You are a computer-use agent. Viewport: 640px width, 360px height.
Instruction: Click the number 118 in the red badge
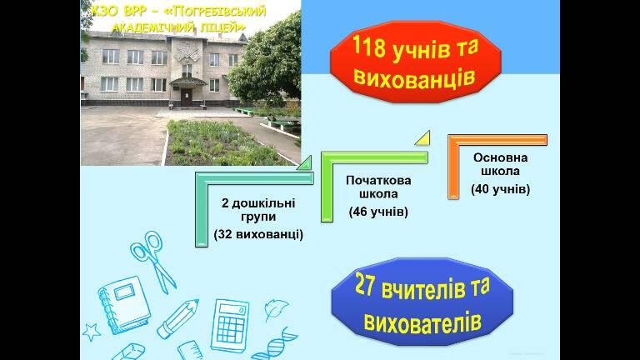tap(368, 48)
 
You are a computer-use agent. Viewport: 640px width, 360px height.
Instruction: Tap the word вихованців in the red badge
tap(414, 77)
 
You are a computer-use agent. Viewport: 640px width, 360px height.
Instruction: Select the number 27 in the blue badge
tap(364, 285)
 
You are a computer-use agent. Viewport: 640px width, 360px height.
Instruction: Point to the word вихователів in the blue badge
tap(422, 322)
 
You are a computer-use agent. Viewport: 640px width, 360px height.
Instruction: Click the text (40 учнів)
tap(500, 189)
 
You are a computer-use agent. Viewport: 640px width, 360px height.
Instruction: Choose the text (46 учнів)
tap(378, 212)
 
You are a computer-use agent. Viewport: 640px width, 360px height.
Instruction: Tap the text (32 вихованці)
tap(258, 235)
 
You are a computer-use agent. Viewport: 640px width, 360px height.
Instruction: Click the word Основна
tap(500, 157)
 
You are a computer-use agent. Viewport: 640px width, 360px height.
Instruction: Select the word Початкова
tap(378, 180)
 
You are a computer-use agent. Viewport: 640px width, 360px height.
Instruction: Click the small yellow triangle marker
tap(423, 139)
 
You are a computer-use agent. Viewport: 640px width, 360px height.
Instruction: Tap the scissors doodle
tap(152, 261)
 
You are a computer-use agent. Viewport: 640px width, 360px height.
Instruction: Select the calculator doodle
tap(230, 325)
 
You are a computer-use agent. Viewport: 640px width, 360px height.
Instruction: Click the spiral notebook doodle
tap(124, 305)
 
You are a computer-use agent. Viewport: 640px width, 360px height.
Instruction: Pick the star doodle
tap(92, 332)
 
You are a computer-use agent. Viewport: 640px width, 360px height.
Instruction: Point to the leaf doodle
tap(276, 309)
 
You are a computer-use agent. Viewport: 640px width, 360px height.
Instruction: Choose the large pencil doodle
tap(178, 319)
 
